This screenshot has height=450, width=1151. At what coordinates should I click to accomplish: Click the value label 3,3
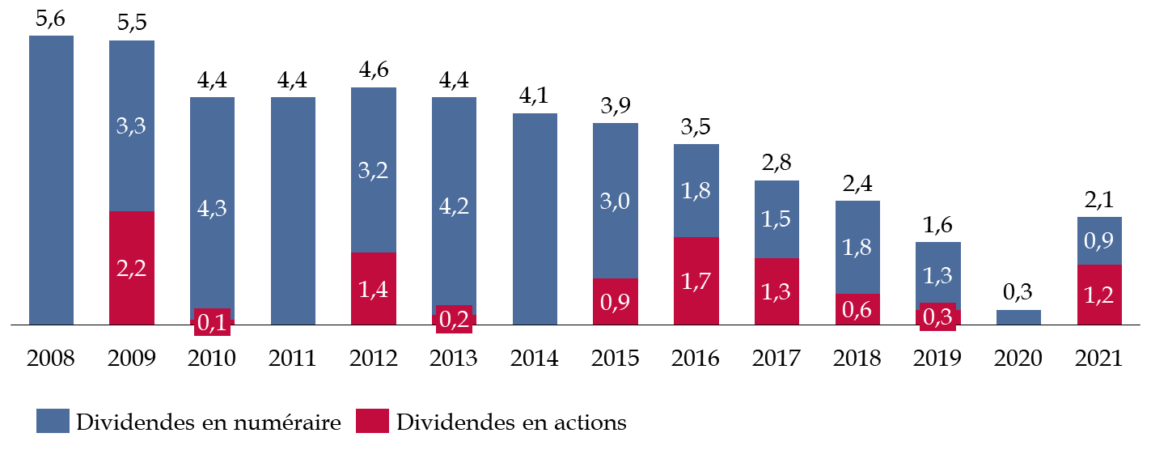coord(131,126)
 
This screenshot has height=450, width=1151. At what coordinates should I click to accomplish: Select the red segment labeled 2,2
coord(131,268)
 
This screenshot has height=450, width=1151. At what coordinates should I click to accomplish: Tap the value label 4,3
coord(212,208)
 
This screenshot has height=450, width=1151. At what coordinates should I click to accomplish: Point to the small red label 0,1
coord(212,322)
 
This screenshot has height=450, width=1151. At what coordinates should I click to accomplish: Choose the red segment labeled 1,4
coord(373,288)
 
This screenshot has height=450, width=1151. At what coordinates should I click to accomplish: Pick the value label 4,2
coord(454,206)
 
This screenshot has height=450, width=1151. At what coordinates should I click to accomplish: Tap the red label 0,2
coord(454,319)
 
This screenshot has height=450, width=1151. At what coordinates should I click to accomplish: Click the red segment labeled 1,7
coord(696,281)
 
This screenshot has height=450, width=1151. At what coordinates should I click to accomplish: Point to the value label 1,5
coord(776,219)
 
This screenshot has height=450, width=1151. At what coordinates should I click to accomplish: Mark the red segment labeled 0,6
coord(857,309)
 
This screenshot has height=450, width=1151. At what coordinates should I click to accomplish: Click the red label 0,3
coord(937,316)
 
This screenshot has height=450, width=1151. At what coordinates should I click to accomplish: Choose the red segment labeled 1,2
coord(1099,295)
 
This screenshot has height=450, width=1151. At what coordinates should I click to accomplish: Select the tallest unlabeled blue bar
coord(51,180)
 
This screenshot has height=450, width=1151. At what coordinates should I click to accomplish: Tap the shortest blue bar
coord(1018,317)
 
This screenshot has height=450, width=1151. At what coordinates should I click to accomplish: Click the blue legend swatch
coord(53,421)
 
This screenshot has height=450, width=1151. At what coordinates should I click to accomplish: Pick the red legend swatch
coord(372,421)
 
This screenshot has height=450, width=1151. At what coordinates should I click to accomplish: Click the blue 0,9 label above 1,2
coord(1099,240)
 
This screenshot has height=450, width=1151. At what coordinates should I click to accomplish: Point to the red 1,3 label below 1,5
coord(776,291)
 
